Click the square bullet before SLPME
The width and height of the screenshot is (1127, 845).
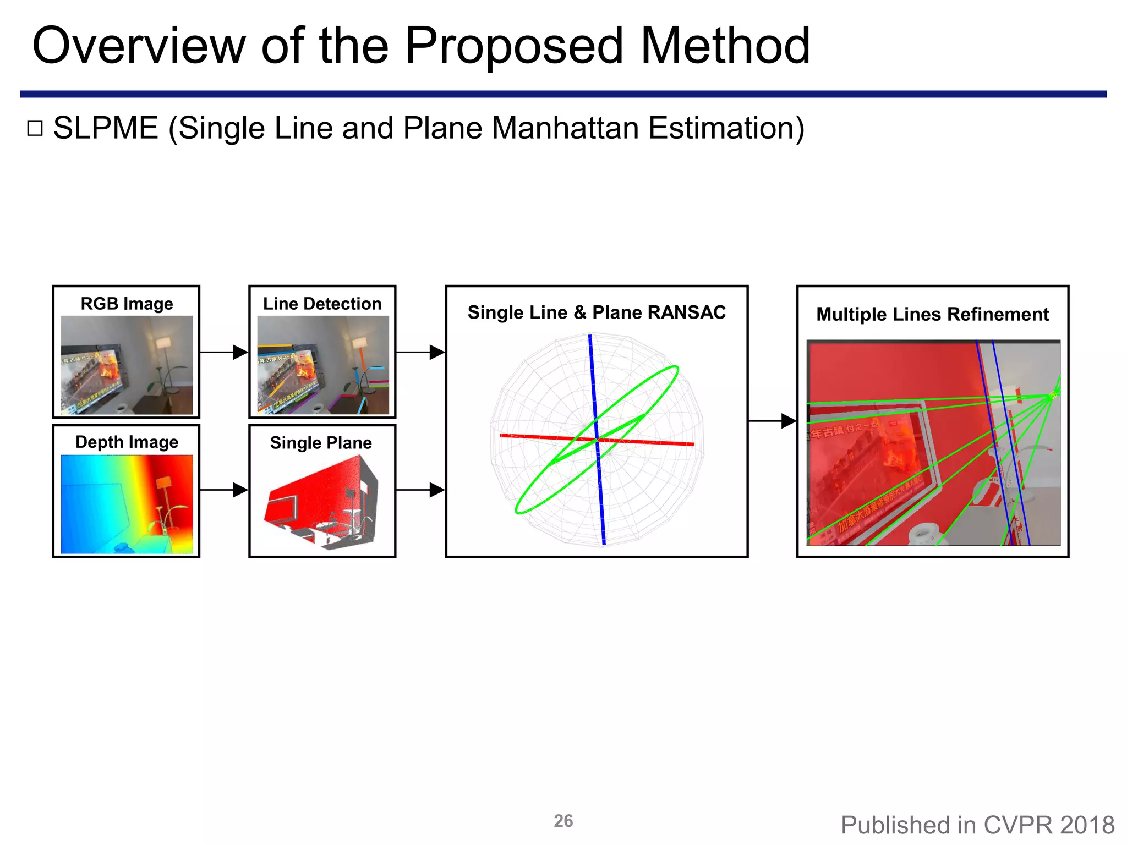click(35, 129)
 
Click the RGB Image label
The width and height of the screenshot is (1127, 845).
click(127, 304)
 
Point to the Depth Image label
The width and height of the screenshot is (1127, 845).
click(127, 442)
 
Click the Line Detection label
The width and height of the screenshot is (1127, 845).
click(322, 304)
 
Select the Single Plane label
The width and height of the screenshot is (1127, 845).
click(321, 442)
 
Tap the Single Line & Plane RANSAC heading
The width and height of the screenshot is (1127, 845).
click(597, 312)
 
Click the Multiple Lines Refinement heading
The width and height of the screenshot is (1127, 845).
click(932, 314)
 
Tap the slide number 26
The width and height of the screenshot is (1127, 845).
click(563, 821)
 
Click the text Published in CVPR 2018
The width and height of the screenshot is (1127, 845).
click(977, 825)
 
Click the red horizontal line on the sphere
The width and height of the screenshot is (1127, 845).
click(649, 441)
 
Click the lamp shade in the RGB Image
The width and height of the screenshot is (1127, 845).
click(164, 343)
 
